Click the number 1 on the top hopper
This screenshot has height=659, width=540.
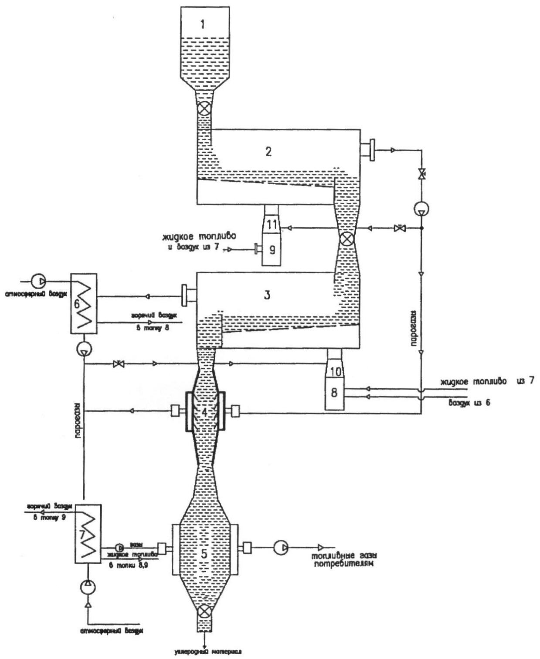pyautogui.click(x=202, y=24)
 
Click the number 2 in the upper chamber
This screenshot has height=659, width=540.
pyautogui.click(x=268, y=151)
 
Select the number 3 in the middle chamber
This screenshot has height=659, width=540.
pyautogui.click(x=267, y=295)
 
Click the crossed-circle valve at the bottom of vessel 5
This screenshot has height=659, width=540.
pyautogui.click(x=204, y=612)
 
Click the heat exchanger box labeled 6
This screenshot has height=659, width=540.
pyautogui.click(x=84, y=303)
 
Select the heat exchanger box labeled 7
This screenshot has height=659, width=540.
pyautogui.click(x=88, y=533)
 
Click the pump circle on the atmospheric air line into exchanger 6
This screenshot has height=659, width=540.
pyautogui.click(x=38, y=280)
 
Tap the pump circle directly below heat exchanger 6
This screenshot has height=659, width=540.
pyautogui.click(x=83, y=348)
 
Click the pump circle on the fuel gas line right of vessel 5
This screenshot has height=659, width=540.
pyautogui.click(x=281, y=547)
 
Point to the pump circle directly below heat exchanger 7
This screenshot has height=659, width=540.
pyautogui.click(x=88, y=588)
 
